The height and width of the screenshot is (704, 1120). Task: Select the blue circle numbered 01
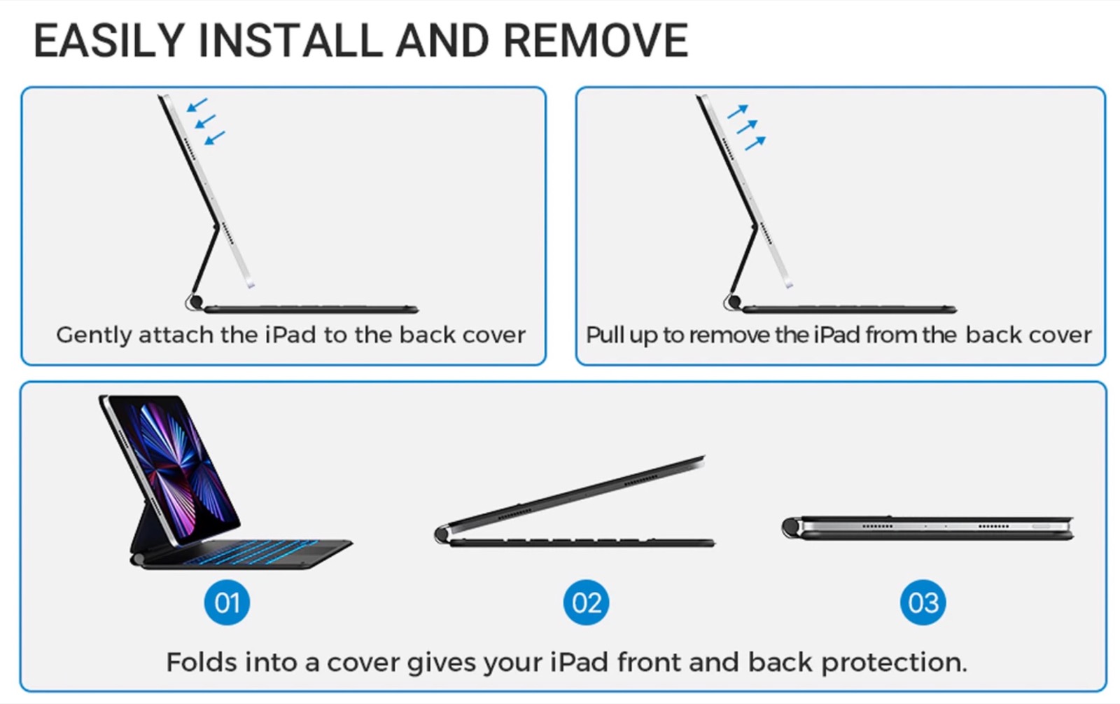point(227,602)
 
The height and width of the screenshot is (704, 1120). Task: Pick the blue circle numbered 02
point(586,602)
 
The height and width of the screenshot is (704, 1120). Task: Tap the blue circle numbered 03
point(923,602)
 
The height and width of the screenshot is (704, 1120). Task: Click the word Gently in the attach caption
point(94,336)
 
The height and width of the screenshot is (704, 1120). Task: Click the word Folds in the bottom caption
point(202,663)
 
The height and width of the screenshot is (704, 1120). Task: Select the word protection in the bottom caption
point(895,663)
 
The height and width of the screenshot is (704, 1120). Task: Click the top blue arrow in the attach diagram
point(197,105)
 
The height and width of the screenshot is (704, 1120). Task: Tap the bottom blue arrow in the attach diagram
point(214,138)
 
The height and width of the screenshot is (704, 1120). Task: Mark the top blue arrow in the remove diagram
point(738,111)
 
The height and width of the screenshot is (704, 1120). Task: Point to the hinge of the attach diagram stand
point(195,302)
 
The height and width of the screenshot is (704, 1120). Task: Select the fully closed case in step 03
point(927,528)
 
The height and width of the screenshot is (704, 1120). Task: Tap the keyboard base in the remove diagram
point(849,310)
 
